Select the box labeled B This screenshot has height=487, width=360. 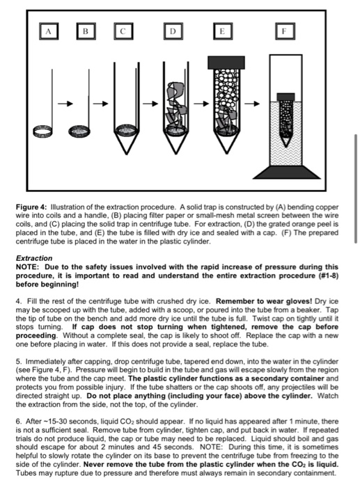coord(86,31)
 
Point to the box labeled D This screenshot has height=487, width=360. coord(171,31)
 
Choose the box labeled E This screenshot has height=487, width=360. coord(222,31)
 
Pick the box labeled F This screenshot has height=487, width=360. coord(283,31)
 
